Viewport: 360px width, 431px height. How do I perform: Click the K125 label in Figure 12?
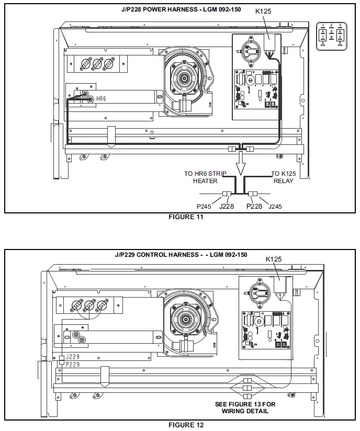[274, 259]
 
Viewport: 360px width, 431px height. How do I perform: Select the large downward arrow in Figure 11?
[240, 167]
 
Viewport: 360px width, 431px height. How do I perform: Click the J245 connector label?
[275, 206]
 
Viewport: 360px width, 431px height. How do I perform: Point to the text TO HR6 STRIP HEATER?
[204, 177]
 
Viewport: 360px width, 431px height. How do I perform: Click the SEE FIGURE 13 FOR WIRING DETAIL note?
[245, 407]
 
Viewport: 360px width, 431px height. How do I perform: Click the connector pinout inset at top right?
[332, 35]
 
